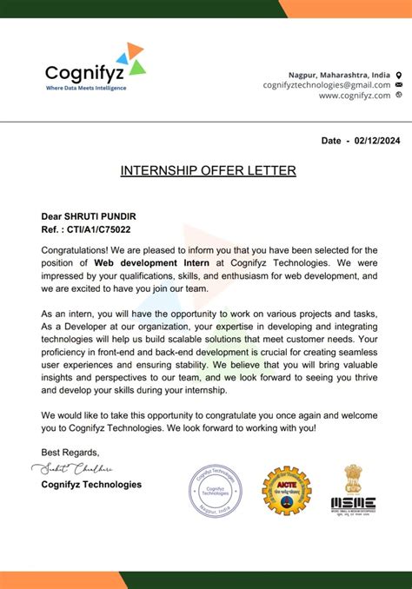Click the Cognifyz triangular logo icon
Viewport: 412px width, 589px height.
[130, 58]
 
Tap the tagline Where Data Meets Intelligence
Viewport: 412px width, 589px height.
[85, 88]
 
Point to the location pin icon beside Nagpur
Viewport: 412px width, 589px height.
[398, 74]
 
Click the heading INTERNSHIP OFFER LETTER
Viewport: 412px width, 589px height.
[208, 171]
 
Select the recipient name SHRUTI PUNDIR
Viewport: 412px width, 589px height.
[103, 216]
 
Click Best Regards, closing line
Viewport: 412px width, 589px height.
[70, 452]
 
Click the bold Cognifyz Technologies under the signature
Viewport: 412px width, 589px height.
[90, 485]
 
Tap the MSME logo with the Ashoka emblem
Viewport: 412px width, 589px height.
[353, 488]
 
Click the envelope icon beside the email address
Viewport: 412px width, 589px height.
[398, 85]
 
